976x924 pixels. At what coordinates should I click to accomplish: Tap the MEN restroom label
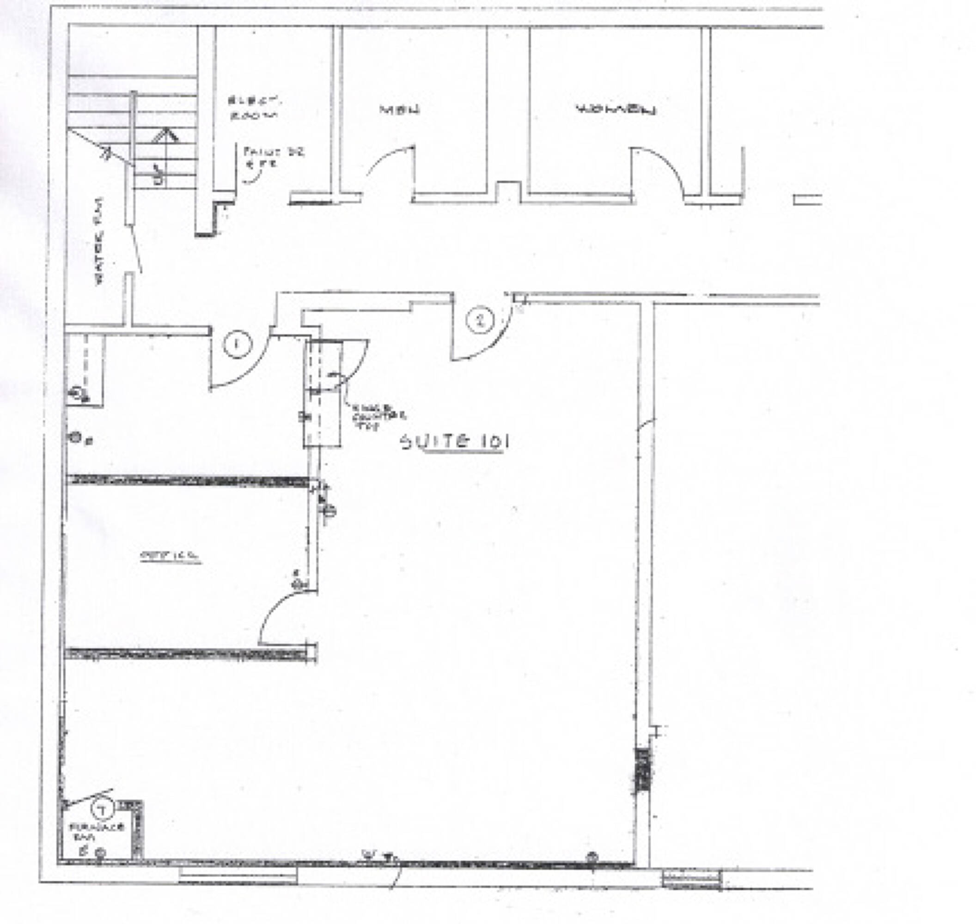tap(400, 109)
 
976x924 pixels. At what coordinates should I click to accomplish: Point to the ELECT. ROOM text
tap(253, 108)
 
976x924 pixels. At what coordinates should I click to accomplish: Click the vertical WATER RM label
tap(100, 241)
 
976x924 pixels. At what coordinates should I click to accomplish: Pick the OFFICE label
tap(171, 556)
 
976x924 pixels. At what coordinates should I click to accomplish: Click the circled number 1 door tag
tap(238, 344)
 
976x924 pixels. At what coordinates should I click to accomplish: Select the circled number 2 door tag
tap(480, 321)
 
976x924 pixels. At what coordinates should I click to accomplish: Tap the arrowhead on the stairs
tap(165, 135)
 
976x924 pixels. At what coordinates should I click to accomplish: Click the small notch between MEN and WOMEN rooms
tap(508, 192)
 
